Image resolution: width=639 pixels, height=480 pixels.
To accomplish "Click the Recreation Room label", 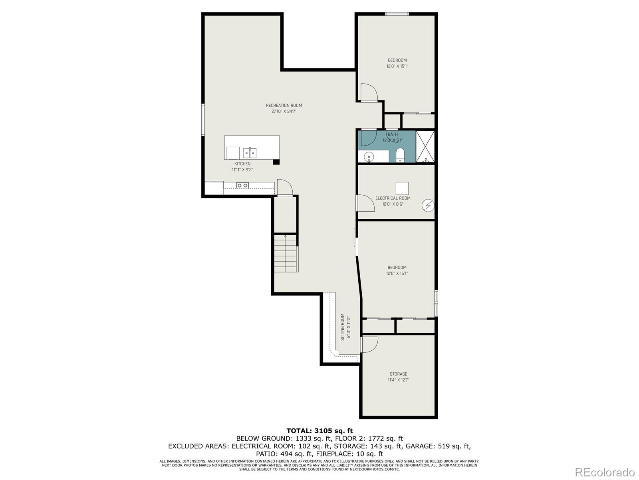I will click(x=284, y=106).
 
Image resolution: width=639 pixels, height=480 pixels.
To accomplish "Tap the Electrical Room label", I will click(x=393, y=198).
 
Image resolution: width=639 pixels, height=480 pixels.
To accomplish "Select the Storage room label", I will click(x=398, y=374).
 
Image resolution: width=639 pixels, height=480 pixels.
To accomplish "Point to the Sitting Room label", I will click(x=343, y=327).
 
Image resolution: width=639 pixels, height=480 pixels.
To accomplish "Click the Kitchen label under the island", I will click(x=242, y=164).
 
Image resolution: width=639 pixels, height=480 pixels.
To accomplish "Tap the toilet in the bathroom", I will click(x=400, y=155).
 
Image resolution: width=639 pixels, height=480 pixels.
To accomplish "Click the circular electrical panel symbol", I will click(x=428, y=206).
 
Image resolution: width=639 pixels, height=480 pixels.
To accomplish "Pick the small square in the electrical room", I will click(x=402, y=188).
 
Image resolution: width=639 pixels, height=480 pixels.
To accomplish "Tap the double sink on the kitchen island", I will click(x=250, y=153).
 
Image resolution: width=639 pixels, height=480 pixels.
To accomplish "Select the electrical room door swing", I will click(x=365, y=203).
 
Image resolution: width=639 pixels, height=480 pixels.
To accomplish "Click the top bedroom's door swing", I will click(x=369, y=92).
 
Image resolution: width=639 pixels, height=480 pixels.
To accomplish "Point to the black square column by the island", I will click(x=276, y=162).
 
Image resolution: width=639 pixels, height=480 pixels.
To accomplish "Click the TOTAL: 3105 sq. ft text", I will click(x=319, y=431).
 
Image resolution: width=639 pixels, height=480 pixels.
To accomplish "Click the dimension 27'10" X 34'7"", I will click(x=284, y=112).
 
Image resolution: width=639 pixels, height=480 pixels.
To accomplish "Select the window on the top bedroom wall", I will click(x=397, y=14).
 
